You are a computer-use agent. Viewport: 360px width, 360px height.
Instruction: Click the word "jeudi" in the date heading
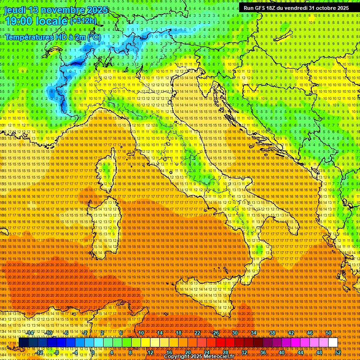point(15,10)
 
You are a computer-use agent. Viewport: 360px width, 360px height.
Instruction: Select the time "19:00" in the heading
point(18,22)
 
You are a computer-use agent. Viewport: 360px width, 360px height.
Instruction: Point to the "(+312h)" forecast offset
point(83,21)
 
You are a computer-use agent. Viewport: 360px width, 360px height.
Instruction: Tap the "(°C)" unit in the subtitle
point(94,37)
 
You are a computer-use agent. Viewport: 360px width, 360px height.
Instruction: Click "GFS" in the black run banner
point(260,8)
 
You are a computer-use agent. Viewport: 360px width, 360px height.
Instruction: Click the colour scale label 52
point(338,352)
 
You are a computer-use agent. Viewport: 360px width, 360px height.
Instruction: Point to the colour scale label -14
point(30,333)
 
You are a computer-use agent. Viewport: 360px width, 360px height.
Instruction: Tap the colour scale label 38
point(272,333)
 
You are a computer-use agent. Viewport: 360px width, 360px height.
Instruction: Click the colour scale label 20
point(187,352)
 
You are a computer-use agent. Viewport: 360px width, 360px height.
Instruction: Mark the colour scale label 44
point(300,352)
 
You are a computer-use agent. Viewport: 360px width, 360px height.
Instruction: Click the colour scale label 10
point(141,333)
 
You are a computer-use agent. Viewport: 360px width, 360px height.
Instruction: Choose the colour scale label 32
point(244,352)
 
